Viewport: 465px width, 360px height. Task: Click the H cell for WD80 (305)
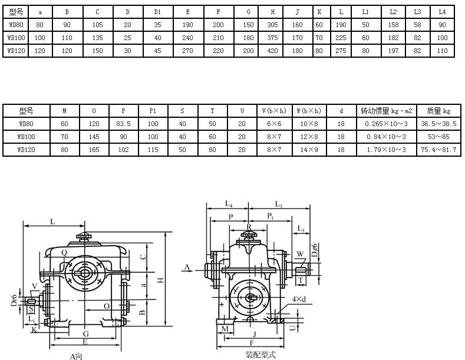(x=272, y=25)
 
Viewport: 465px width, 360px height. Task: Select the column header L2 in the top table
(x=393, y=12)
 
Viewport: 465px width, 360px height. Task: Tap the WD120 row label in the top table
(x=17, y=51)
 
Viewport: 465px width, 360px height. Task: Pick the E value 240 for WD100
(x=187, y=38)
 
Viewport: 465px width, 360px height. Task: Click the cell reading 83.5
(x=123, y=124)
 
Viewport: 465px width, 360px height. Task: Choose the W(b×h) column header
(x=309, y=111)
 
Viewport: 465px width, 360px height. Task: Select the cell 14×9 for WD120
(x=309, y=150)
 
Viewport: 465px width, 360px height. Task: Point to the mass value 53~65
(x=438, y=137)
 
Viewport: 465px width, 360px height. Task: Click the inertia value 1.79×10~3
(x=386, y=150)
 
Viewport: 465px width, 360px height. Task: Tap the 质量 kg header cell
(x=438, y=111)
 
